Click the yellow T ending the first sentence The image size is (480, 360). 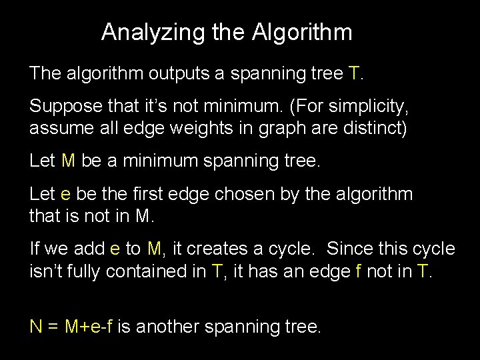pyautogui.click(x=354, y=73)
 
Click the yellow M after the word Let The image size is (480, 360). pyautogui.click(x=68, y=161)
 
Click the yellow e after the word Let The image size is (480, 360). pyautogui.click(x=65, y=194)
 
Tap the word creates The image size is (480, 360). pyautogui.click(x=215, y=249)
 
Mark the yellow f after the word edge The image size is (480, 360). pyautogui.click(x=351, y=271)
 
